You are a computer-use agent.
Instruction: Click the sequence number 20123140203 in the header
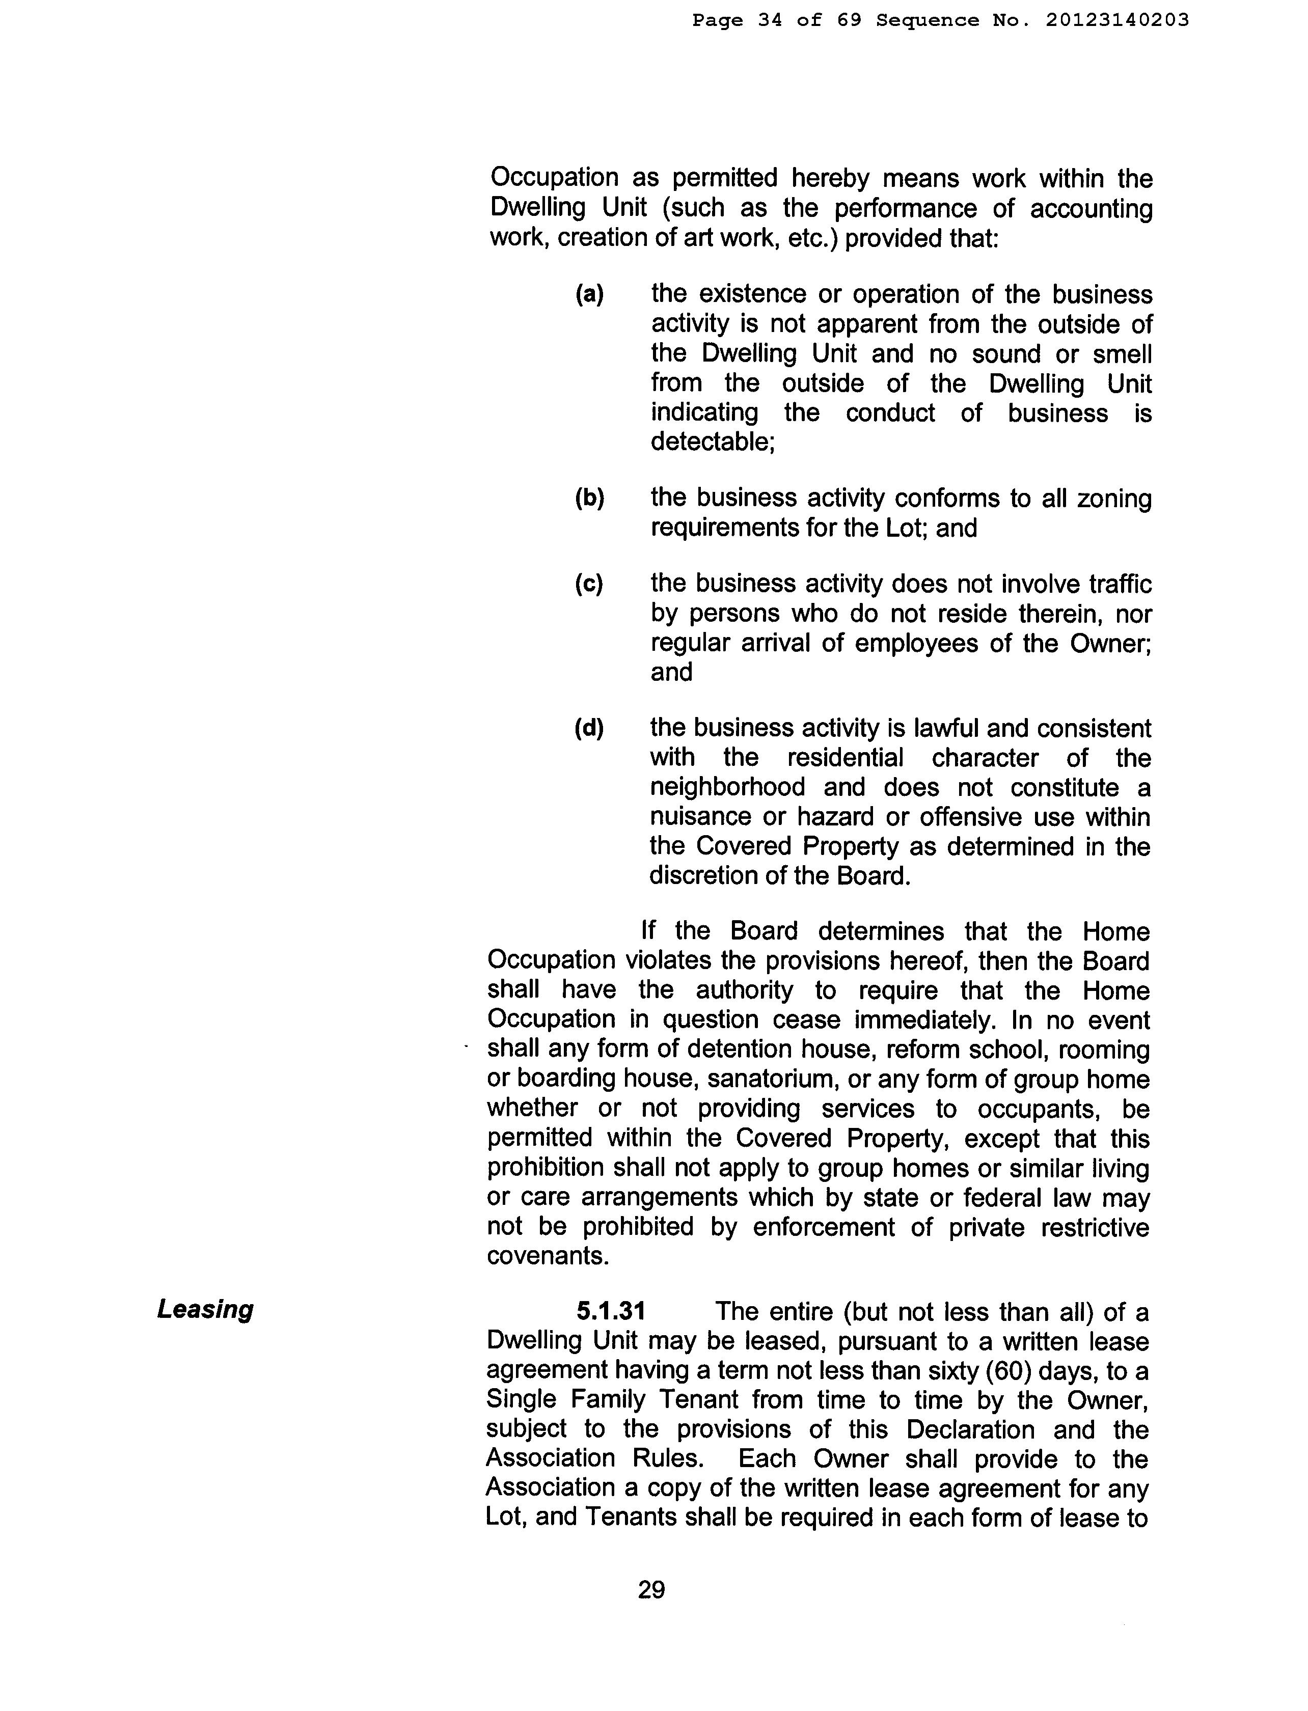1118,20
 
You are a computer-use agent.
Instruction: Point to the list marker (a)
589,294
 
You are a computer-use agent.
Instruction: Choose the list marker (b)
589,498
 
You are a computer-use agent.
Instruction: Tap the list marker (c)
589,584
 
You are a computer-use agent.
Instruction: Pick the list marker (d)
589,728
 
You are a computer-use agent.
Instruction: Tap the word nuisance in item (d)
699,817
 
